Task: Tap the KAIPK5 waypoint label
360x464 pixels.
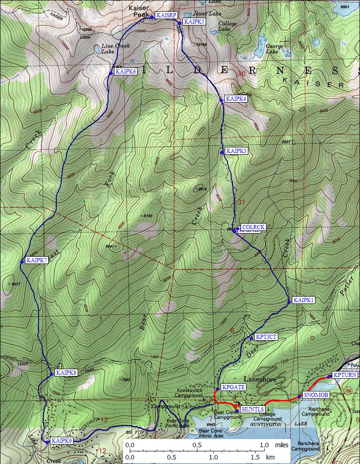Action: tap(193, 21)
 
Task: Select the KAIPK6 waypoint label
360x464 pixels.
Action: tap(126, 71)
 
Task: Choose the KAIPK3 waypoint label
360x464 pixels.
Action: tap(236, 151)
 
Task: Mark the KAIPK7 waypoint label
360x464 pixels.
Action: tap(37, 260)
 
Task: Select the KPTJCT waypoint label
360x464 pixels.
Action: tap(266, 337)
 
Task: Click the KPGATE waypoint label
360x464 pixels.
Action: tap(233, 387)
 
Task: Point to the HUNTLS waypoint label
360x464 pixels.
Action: tap(252, 410)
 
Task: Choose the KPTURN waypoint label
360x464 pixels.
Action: tap(345, 375)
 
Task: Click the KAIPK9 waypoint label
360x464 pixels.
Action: tap(62, 440)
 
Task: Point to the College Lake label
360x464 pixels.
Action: tap(227, 26)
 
